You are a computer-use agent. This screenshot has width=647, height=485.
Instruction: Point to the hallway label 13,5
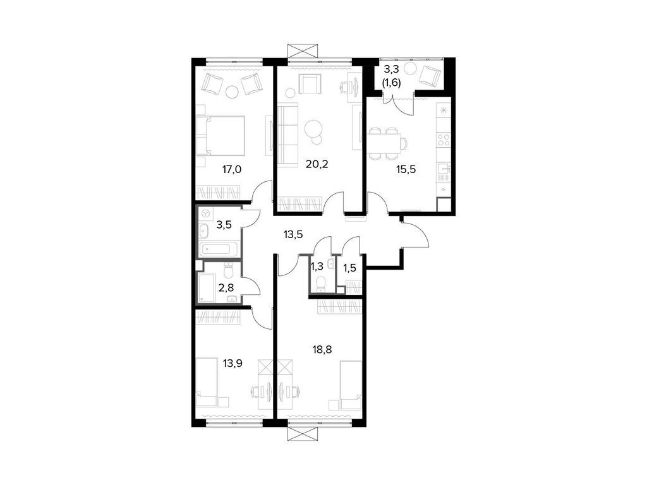pyautogui.click(x=293, y=234)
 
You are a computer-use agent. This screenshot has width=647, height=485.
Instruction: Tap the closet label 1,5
pyautogui.click(x=349, y=267)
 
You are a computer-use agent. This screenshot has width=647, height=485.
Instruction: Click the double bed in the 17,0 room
pyautogui.click(x=221, y=135)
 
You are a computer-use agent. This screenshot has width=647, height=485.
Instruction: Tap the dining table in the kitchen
pyautogui.click(x=385, y=143)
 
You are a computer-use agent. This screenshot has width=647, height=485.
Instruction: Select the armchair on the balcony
pyautogui.click(x=432, y=75)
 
